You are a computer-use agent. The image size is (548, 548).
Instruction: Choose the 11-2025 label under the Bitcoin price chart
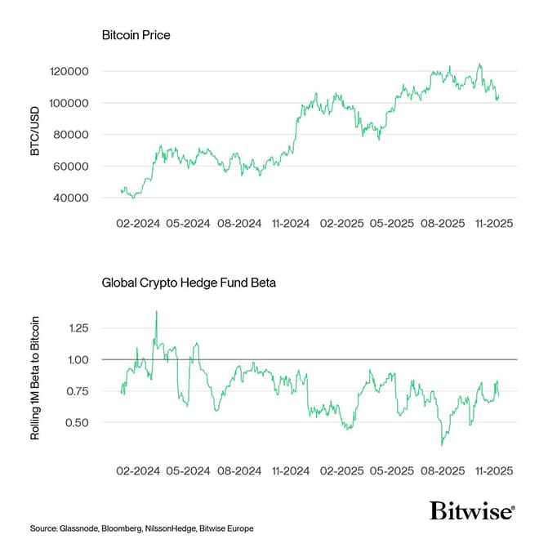click(x=492, y=222)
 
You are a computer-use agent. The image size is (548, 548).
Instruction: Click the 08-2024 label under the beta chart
click(x=238, y=471)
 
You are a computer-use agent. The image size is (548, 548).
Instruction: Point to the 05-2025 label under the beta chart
click(x=391, y=471)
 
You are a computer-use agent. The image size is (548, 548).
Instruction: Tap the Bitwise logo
click(x=472, y=511)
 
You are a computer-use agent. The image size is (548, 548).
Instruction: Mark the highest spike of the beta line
click(x=156, y=311)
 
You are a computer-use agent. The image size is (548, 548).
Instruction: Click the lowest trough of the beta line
click(x=442, y=445)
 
